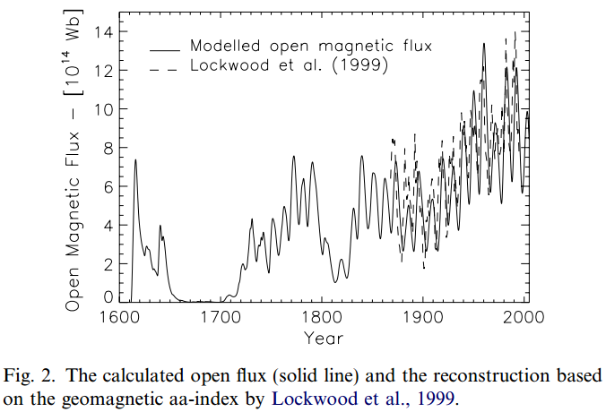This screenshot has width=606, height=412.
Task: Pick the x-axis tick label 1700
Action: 221,318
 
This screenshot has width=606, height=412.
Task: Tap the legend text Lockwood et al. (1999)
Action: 290,66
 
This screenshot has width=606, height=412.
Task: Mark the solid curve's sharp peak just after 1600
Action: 135,160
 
